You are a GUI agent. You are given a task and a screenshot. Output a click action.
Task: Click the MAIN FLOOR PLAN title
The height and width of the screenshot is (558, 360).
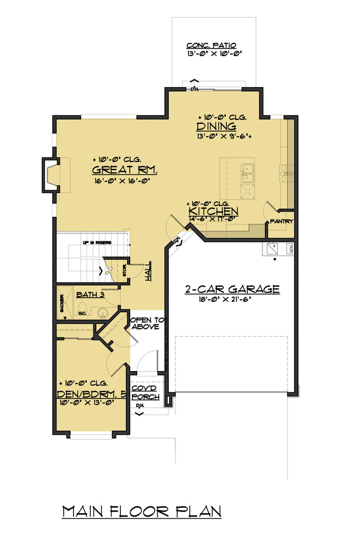pos(142,512)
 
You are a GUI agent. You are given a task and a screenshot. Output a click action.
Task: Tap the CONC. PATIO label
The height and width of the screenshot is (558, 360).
pos(211,46)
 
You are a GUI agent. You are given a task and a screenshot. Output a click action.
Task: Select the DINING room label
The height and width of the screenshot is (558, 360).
pos(216,127)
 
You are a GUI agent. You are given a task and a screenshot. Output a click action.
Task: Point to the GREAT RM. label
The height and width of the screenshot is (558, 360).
pos(125,169)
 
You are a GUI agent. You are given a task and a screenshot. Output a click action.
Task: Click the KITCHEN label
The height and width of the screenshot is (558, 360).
pos(213,211)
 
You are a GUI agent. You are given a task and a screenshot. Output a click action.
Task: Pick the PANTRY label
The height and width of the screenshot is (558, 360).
pos(282,222)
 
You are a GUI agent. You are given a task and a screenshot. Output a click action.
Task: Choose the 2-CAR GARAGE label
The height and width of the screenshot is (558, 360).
pos(231,289)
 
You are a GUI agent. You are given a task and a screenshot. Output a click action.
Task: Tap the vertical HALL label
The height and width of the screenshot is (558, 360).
pos(148,271)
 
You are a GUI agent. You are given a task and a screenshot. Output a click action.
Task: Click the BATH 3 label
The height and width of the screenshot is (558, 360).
pos(90,295)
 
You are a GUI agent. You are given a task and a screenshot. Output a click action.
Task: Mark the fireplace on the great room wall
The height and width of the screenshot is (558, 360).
pos(51,175)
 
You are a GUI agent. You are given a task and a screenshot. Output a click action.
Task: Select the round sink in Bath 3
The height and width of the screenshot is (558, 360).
pos(101,313)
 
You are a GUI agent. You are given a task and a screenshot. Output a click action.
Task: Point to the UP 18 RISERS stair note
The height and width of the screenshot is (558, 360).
pos(97,242)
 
